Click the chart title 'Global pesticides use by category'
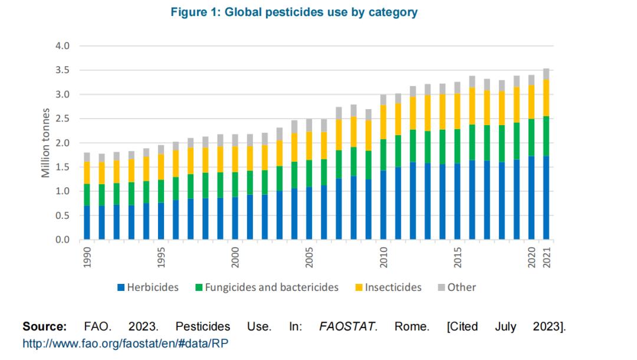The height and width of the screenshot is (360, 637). point(294,12)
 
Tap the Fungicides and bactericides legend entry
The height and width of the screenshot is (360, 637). point(267,287)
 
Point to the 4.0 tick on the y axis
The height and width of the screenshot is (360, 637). point(62,46)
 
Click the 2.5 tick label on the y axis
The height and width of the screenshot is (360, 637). point(62,119)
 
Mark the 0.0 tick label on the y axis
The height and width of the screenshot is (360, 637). point(62,240)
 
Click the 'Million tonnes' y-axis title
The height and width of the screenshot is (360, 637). point(45,142)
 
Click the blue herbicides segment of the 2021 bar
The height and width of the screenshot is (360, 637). point(546,198)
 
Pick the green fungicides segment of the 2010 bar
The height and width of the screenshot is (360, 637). point(383,155)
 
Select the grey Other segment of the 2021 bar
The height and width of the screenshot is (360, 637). point(546,74)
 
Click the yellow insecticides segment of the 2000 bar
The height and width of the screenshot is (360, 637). point(235,159)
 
